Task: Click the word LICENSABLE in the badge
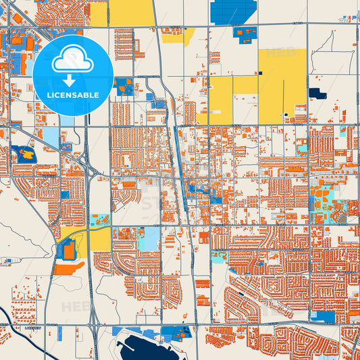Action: pos(72,95)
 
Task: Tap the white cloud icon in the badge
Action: pos(72,61)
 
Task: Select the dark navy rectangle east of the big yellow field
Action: pos(315,93)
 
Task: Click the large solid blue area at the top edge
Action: pos(233,11)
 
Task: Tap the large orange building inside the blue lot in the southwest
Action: pos(68,251)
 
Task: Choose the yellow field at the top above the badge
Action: pos(131,13)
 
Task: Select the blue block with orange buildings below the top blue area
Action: pos(245,32)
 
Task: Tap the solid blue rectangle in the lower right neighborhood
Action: pos(323,316)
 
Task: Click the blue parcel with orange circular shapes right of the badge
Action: pos(124,86)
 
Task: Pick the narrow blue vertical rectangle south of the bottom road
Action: pos(59,333)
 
